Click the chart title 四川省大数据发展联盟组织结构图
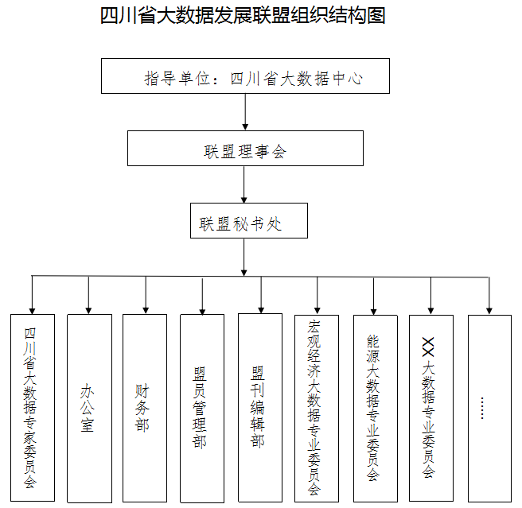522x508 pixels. point(243,16)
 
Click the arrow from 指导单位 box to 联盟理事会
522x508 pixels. point(245,112)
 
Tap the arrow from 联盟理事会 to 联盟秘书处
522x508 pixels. point(244,184)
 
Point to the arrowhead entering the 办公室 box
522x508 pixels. point(88,311)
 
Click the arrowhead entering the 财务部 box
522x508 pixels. point(146,311)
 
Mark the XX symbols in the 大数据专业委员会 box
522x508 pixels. point(428,347)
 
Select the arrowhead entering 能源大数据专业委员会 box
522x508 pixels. point(373,312)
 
